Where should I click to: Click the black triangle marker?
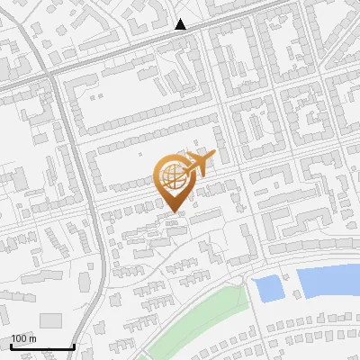[181, 24]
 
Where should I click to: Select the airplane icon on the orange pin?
[197, 166]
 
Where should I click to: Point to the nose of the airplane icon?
[213, 157]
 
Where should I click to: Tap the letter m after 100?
[32, 338]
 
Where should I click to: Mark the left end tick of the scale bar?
[12, 346]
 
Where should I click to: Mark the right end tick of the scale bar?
[74, 346]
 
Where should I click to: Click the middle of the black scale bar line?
[42, 347]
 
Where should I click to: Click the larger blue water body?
[328, 282]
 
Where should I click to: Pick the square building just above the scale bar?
[51, 320]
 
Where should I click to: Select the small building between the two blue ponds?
[289, 290]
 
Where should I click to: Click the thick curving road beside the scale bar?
[101, 297]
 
